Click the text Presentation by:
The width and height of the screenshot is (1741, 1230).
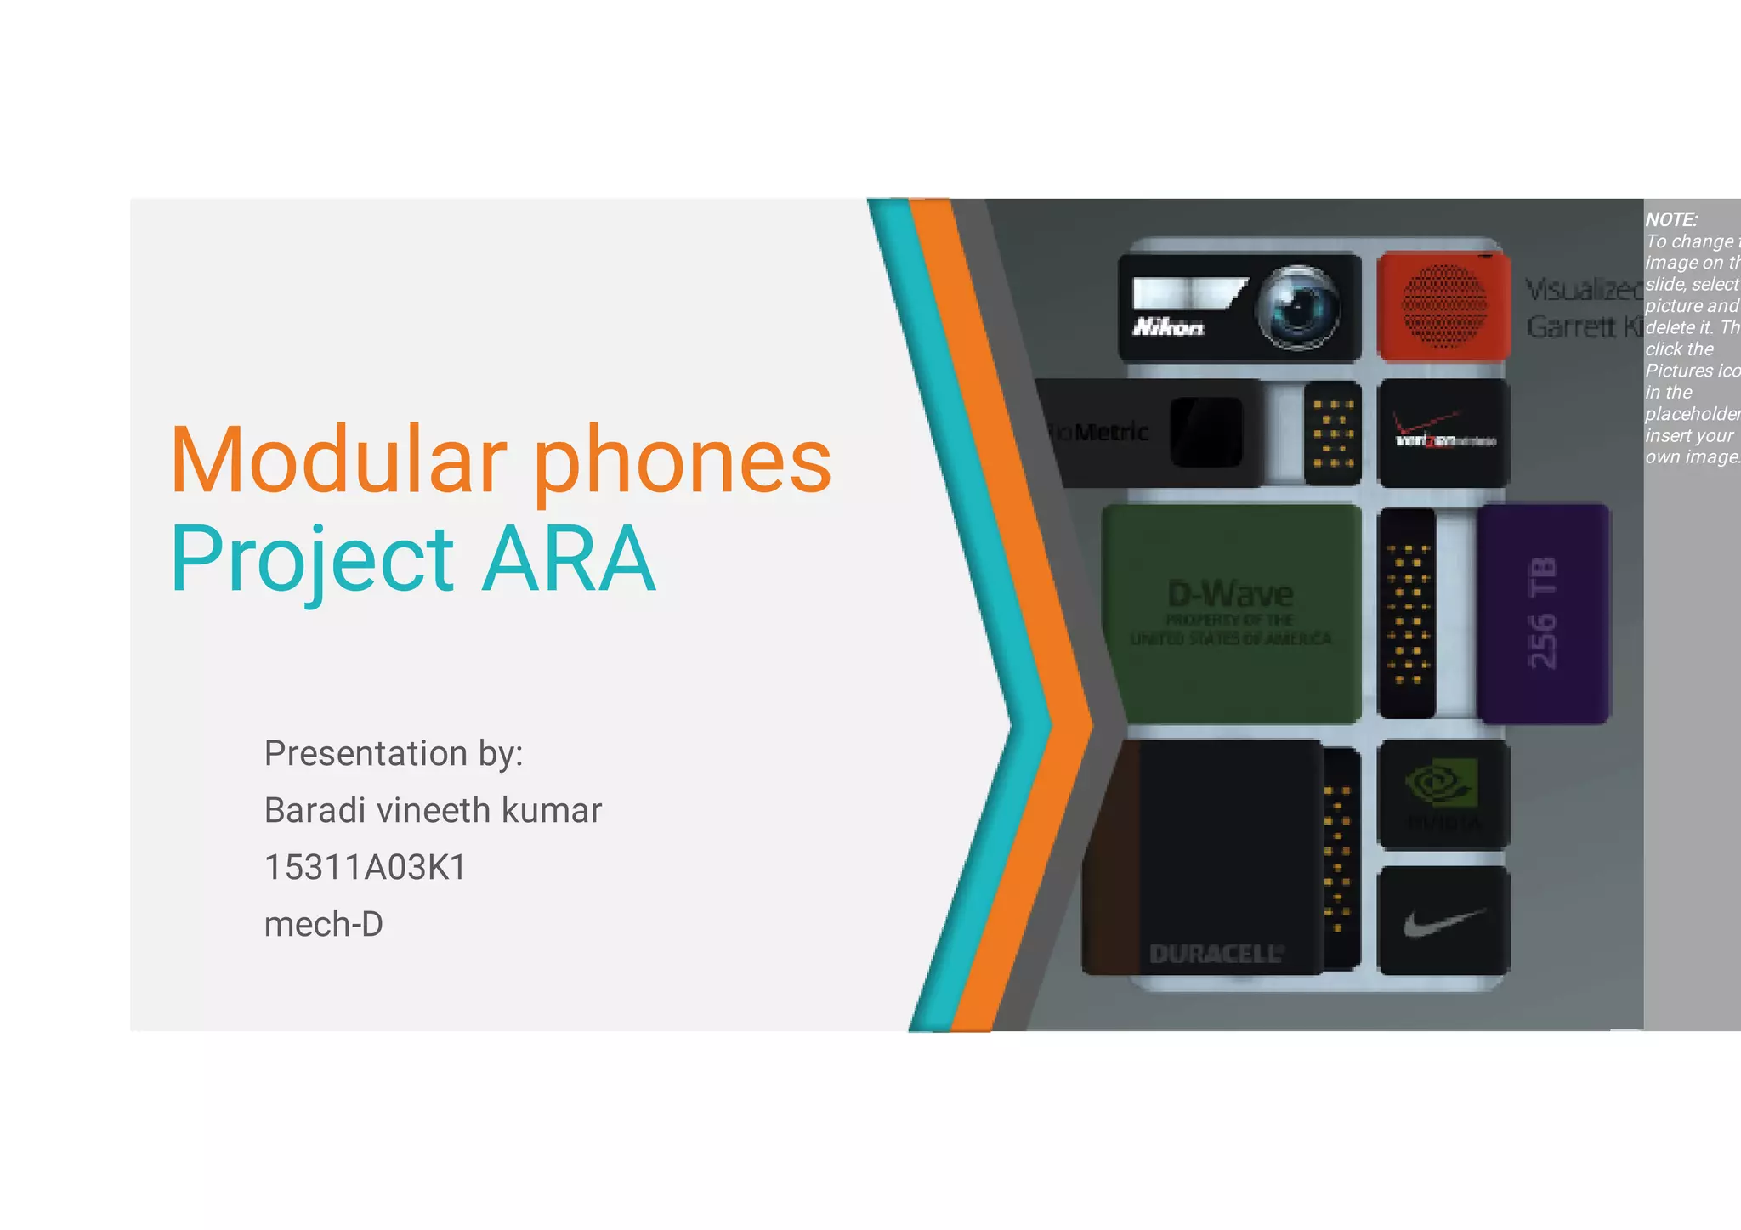tap(394, 754)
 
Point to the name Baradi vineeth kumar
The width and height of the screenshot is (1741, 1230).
tap(433, 811)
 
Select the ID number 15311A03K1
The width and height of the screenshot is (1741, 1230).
tap(366, 868)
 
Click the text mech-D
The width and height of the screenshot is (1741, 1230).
tap(323, 925)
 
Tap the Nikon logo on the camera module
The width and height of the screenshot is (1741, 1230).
tap(1168, 327)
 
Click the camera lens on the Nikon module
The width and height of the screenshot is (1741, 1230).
tap(1297, 307)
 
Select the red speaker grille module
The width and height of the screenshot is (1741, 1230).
tap(1443, 307)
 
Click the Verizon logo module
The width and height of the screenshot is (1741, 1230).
tap(1443, 433)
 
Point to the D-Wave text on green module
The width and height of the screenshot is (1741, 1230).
tap(1230, 593)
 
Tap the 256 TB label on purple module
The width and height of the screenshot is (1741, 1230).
tap(1542, 613)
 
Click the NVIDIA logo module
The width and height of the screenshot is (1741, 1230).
tap(1443, 794)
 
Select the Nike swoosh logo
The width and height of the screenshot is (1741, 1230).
tap(1443, 922)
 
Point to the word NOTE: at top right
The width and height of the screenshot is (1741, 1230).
tap(1671, 219)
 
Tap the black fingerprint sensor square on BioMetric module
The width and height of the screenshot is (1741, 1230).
tap(1206, 432)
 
